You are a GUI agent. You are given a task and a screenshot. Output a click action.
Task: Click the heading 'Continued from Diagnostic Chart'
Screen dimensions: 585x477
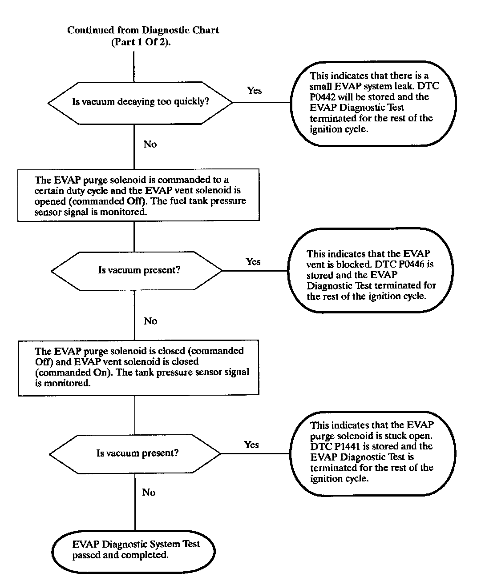pos(143,30)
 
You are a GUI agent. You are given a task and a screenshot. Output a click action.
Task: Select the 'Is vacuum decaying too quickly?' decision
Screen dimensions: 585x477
pos(140,102)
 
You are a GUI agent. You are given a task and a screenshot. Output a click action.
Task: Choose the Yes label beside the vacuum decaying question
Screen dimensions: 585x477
pos(255,91)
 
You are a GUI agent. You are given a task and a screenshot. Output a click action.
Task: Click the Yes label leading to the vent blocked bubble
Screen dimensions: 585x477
pos(253,262)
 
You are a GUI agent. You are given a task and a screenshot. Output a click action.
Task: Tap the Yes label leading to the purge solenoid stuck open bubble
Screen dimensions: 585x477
pos(251,445)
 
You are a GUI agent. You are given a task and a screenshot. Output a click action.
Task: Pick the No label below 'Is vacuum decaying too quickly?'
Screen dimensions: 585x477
pos(150,144)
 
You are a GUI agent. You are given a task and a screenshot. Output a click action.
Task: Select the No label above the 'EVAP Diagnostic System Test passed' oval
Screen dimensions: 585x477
pos(149,493)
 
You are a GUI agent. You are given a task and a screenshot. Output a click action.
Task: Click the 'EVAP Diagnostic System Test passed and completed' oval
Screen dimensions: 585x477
pos(133,550)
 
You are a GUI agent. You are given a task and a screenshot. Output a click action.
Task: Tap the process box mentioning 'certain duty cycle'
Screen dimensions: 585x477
pos(138,195)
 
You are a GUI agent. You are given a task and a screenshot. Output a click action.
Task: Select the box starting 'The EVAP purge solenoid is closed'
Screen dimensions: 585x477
pos(138,367)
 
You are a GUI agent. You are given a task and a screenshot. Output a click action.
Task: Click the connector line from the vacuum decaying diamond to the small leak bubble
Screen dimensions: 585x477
pos(261,103)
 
